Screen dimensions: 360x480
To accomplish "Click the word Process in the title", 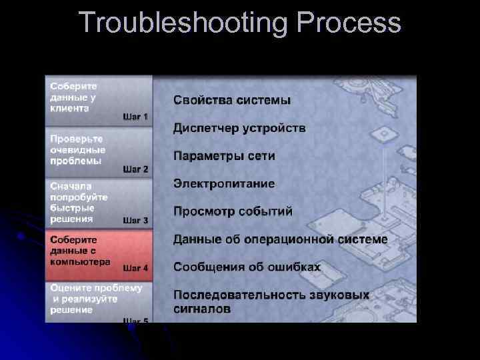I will point(349,24).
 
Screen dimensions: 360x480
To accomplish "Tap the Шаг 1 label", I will point(135,117).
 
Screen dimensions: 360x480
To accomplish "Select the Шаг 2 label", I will point(135,169).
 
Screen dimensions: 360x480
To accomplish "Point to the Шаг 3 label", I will point(135,220).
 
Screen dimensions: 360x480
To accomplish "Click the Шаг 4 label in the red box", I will point(135,269).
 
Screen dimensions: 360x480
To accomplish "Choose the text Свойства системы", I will point(232,101).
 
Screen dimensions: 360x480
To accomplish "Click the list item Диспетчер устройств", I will point(239,128).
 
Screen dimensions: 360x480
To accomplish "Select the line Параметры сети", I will point(224,156).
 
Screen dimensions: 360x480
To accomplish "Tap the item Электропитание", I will point(224,183).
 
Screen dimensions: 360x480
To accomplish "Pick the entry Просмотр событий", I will point(233,211).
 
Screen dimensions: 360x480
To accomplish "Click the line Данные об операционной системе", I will point(280,239).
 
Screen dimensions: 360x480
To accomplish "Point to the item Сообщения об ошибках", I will point(247,267).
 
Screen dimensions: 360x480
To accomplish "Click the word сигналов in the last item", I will point(202,309).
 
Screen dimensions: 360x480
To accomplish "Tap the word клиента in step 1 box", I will point(69,108).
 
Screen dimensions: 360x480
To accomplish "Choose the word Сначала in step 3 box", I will point(71,187).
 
